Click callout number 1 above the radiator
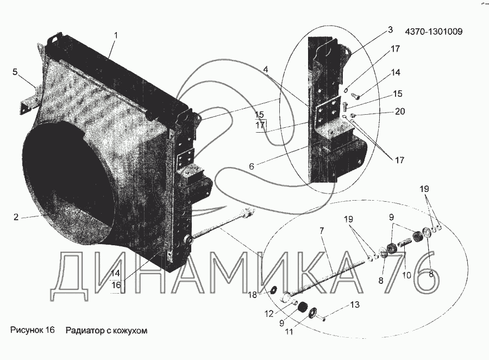click(115, 35)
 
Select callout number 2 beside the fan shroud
click(16, 217)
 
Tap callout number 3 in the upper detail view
click(390, 30)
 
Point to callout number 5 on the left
click(15, 71)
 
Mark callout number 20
click(400, 113)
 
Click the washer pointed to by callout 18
click(273, 289)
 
